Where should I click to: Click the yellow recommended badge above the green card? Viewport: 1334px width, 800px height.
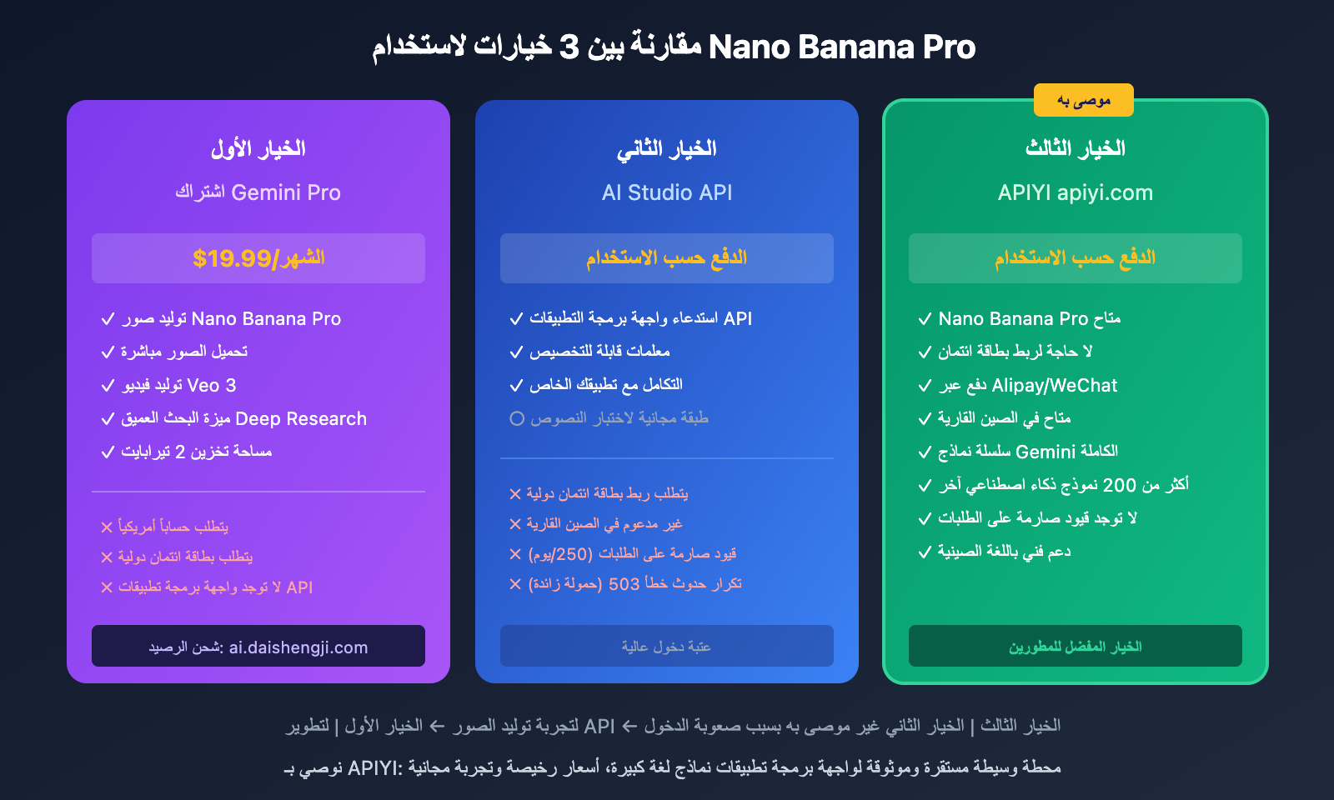click(1083, 100)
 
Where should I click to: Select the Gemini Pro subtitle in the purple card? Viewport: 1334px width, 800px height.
click(258, 192)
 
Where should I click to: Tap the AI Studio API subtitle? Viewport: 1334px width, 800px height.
click(667, 192)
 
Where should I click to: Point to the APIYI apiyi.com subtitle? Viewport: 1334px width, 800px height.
click(1075, 192)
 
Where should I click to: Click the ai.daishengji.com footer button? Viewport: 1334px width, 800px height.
click(258, 647)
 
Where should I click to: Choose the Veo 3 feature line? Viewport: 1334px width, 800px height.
click(178, 385)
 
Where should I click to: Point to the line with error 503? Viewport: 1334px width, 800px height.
click(634, 583)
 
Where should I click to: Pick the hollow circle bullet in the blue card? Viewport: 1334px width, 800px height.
click(517, 418)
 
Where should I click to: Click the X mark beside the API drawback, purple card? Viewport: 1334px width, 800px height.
click(107, 587)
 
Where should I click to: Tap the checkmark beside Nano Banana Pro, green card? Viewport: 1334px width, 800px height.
click(925, 319)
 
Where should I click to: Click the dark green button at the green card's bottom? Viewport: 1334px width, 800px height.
click(1075, 647)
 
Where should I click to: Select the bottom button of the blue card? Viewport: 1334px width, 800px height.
click(667, 647)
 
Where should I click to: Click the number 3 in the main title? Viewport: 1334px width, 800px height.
click(569, 47)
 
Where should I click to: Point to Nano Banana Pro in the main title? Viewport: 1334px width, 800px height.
click(842, 47)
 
